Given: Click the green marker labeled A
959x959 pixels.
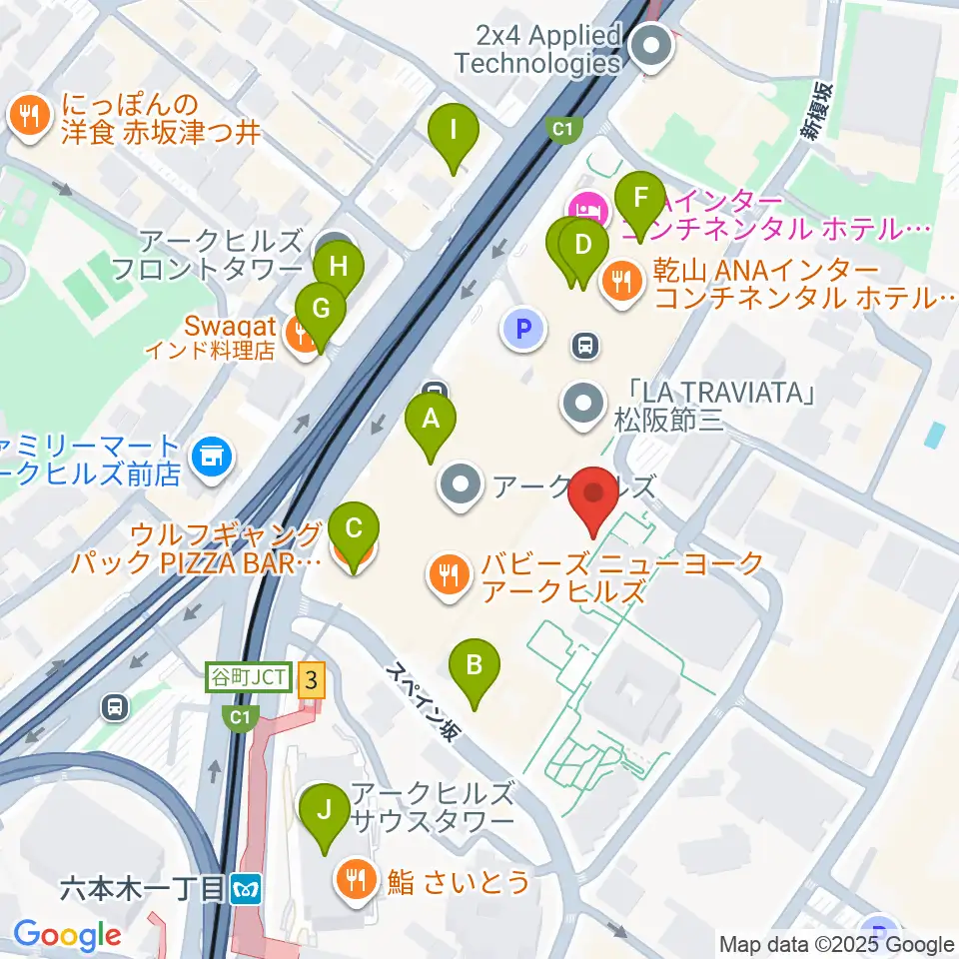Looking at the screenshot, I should click(x=431, y=420).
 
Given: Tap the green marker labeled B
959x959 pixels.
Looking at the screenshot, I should click(x=476, y=665).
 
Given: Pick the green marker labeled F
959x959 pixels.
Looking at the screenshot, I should click(x=640, y=197).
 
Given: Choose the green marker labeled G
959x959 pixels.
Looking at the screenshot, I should click(x=320, y=309).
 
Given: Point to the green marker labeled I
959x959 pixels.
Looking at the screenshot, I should click(x=454, y=131).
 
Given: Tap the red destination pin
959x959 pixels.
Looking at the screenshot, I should click(x=595, y=493).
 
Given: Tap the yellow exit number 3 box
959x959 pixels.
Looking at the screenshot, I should click(x=313, y=681).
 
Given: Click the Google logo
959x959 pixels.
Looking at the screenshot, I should click(x=67, y=935).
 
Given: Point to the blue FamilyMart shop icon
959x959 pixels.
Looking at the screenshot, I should click(x=211, y=457).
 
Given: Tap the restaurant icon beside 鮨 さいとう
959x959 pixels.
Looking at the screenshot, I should click(x=357, y=880).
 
